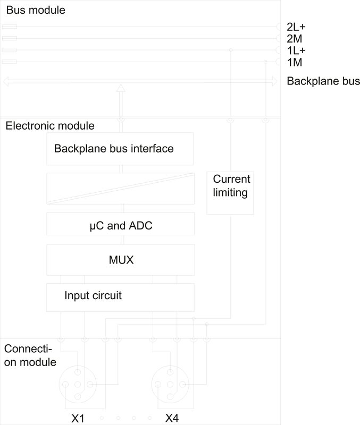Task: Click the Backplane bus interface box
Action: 120,149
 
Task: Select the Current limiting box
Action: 230,192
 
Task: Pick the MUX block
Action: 120,260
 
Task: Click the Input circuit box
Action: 120,297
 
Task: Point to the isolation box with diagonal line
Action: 120,188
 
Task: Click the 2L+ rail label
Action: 296,27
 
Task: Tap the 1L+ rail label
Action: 296,50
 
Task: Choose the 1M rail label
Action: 294,63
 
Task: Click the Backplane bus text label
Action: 323,81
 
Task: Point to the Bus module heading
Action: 35,10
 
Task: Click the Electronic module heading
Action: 50,126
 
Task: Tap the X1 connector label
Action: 78,418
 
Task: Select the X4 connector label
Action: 172,418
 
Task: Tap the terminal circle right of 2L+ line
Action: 280,27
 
